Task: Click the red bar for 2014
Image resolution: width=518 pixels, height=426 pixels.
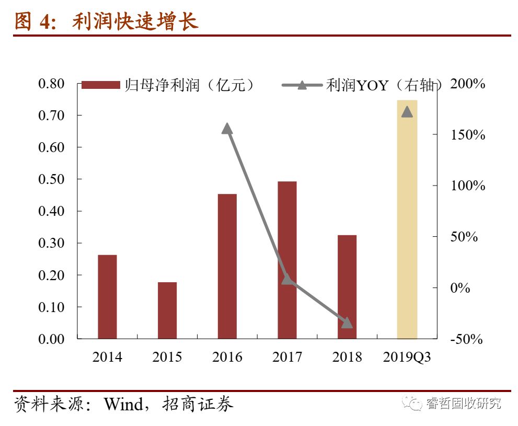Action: point(107,296)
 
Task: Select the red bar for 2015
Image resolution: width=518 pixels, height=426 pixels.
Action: point(167,310)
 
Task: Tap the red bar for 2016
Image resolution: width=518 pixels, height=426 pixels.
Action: point(227,266)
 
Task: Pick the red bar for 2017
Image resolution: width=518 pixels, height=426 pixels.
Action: point(287,260)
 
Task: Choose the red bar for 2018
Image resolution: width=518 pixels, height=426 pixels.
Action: point(347,286)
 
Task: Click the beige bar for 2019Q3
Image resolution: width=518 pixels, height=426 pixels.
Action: point(407,220)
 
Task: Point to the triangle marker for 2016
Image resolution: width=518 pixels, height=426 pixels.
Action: point(227,129)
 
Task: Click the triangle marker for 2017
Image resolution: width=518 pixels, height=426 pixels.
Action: point(287,279)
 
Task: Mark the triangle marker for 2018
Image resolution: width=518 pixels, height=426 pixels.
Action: point(347,323)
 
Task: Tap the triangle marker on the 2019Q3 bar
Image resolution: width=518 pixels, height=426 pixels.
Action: point(407,112)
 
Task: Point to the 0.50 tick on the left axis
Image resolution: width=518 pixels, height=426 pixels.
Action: point(52,179)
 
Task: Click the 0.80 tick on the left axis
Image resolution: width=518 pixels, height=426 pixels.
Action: point(52,84)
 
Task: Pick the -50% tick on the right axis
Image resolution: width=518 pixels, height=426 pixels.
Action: point(467,339)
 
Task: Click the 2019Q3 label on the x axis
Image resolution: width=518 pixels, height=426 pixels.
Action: point(407,357)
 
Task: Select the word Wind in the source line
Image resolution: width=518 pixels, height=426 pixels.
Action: point(123,404)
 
